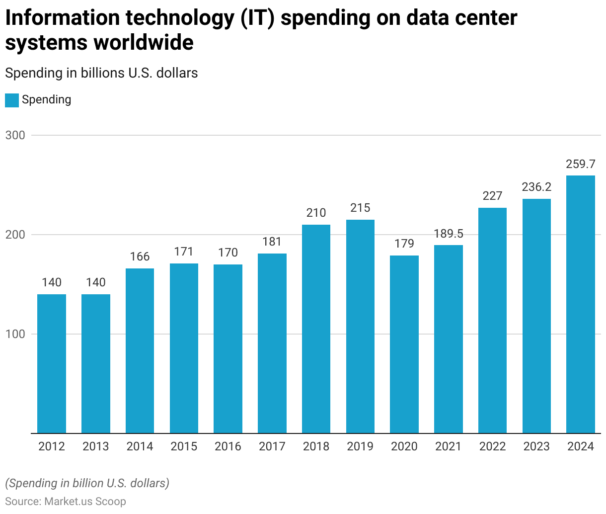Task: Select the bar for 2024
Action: (x=580, y=304)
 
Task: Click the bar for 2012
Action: (x=52, y=364)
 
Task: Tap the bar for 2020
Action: (x=404, y=344)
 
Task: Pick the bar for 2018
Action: (x=316, y=329)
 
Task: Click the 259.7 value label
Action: (x=580, y=164)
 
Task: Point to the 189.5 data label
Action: (x=449, y=234)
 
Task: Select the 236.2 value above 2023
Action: (x=536, y=187)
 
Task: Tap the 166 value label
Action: (x=140, y=257)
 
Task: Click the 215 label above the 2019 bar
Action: (x=360, y=208)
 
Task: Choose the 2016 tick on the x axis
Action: (x=228, y=446)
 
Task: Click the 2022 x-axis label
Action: (x=492, y=446)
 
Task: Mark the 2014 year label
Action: (x=140, y=446)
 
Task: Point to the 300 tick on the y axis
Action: (x=15, y=135)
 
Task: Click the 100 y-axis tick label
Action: (x=15, y=334)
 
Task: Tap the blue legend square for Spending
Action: (x=12, y=100)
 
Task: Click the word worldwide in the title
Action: (x=144, y=43)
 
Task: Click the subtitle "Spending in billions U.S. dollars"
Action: (x=101, y=73)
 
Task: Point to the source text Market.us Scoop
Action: (x=85, y=501)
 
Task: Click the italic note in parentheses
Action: (x=87, y=483)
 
